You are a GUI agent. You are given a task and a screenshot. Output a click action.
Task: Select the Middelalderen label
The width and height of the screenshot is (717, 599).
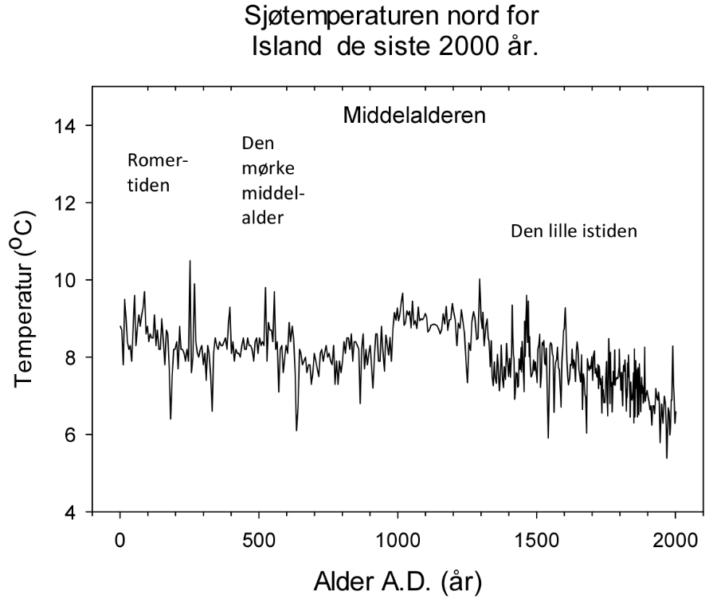(x=413, y=116)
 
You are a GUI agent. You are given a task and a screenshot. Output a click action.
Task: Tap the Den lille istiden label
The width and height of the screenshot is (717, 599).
(x=574, y=232)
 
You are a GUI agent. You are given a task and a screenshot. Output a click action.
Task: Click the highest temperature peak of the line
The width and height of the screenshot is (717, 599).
(x=190, y=261)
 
